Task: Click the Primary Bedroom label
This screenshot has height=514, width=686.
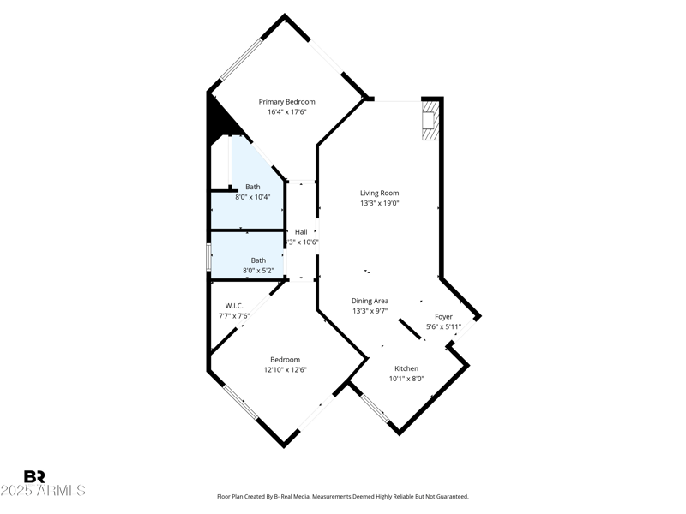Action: (286, 102)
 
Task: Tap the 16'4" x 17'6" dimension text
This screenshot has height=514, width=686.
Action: (286, 112)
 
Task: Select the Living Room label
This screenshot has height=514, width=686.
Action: (379, 193)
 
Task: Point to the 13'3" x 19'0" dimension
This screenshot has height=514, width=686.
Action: (379, 203)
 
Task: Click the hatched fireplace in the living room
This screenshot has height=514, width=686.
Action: (430, 121)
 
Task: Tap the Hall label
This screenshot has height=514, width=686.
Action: (301, 231)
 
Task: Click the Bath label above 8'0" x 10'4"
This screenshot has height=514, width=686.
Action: (253, 187)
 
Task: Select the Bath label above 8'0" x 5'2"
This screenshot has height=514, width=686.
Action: (258, 260)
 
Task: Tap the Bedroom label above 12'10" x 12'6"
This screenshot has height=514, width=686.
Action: (286, 360)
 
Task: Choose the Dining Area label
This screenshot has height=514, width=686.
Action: (370, 301)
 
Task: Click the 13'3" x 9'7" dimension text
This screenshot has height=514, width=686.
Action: (370, 311)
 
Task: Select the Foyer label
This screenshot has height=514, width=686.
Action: (443, 316)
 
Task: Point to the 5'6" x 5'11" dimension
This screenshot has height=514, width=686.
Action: (443, 326)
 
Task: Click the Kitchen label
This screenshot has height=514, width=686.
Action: (406, 368)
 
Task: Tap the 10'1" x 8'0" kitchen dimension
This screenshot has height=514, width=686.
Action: (406, 379)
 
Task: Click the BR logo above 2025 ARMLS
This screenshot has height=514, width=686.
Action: (34, 476)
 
